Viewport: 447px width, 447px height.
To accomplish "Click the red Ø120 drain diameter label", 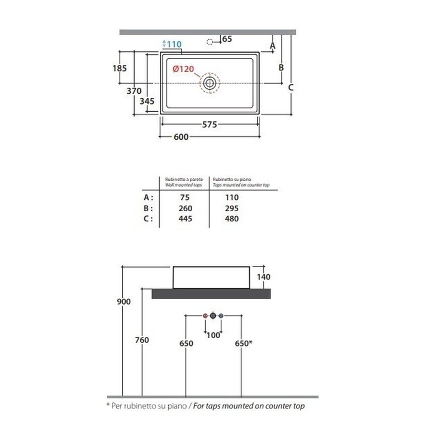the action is click(x=183, y=69).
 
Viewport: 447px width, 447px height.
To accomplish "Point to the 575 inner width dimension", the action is click(x=210, y=125).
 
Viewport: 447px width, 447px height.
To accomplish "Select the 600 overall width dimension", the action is click(x=181, y=137).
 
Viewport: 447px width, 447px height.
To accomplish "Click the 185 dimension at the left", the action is click(x=120, y=68).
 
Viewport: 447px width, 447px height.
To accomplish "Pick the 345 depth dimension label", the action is click(x=147, y=101).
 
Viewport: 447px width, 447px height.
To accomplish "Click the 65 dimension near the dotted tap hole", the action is click(x=227, y=39).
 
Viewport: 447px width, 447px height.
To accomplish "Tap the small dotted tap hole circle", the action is click(x=210, y=42).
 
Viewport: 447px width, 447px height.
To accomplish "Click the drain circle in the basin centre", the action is click(x=210, y=83).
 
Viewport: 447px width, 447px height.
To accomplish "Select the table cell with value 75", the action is click(x=185, y=198).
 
